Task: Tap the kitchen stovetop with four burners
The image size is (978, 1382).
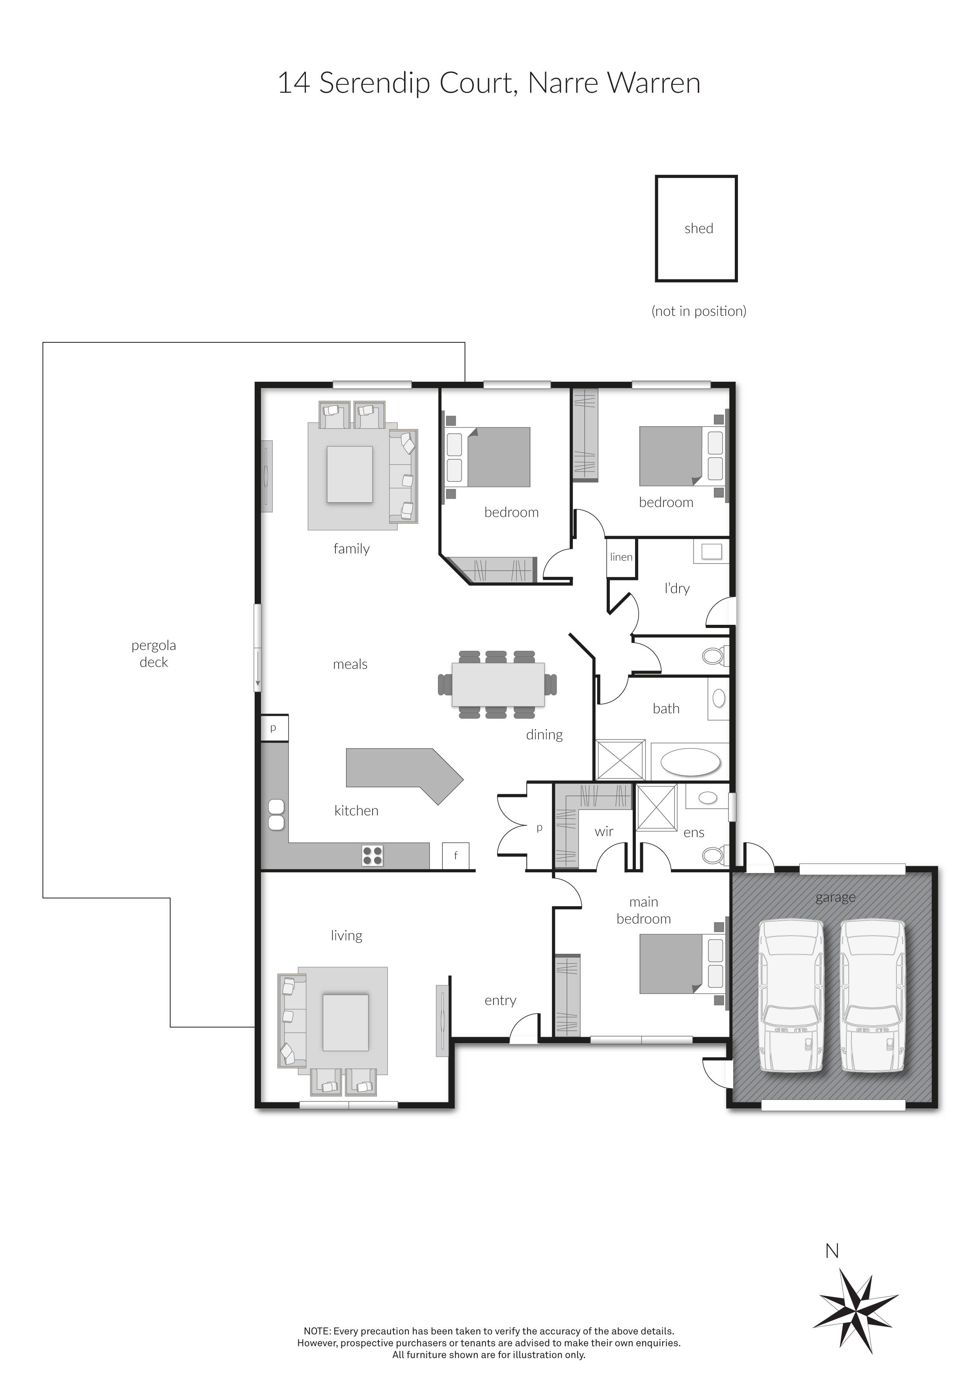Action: [372, 855]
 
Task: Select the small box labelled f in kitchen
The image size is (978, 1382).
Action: [455, 855]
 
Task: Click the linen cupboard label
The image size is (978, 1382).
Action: [621, 557]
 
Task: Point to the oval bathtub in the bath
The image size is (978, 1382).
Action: [690, 763]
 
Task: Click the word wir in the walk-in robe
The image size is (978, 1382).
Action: [604, 831]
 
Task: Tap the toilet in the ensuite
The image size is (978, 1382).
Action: [715, 855]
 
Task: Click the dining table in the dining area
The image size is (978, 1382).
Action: [498, 684]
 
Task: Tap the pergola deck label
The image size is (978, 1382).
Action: [154, 654]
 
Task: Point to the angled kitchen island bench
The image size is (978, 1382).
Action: [397, 769]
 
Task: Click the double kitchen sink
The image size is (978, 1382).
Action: [276, 814]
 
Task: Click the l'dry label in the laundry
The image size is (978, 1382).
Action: [677, 588]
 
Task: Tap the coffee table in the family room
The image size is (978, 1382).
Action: [349, 474]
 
